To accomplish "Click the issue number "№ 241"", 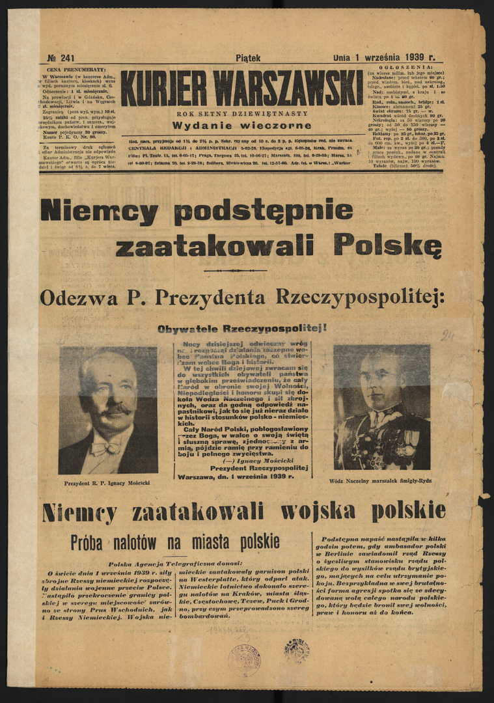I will [61, 58].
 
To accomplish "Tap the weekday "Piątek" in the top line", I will [248, 58].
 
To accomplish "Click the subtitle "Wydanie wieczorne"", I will [241, 126].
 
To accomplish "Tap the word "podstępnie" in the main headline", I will [263, 212].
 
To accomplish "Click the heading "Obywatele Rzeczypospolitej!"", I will [242, 329].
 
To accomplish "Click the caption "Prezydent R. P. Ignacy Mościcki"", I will [108, 484].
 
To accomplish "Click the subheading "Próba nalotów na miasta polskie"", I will [175, 542].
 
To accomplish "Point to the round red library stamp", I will [245, 659].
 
